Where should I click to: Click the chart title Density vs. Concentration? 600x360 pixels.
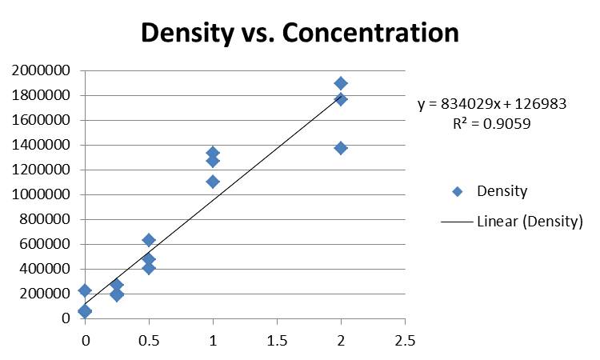tap(300, 33)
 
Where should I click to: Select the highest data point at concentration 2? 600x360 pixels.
tap(341, 83)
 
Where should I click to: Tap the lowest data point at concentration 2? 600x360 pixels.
tap(341, 148)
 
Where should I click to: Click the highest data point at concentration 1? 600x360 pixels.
tap(213, 153)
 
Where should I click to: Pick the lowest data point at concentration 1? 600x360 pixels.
tap(213, 182)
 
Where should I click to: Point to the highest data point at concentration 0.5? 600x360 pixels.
tap(149, 240)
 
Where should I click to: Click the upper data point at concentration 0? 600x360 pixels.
tap(85, 290)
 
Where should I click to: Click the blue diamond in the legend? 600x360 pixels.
tap(457, 191)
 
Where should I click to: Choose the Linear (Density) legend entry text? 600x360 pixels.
tap(530, 222)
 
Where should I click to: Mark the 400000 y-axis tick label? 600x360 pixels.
tap(44, 269)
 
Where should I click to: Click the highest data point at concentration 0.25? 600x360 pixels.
tap(117, 285)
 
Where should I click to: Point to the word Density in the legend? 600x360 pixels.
tap(502, 191)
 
